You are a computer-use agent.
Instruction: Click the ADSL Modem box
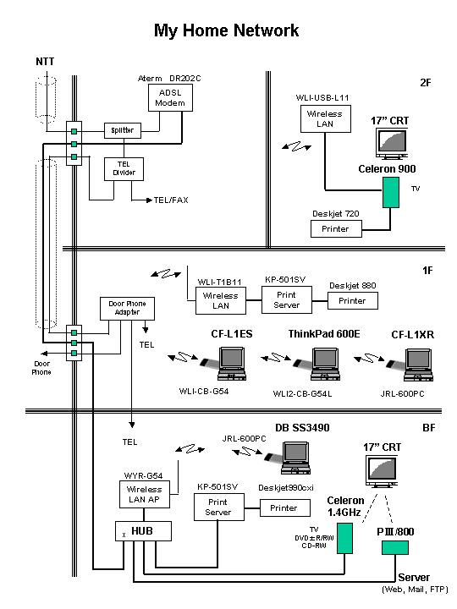click(x=170, y=98)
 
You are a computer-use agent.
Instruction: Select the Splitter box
click(x=123, y=130)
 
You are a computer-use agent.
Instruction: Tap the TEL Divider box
click(x=124, y=169)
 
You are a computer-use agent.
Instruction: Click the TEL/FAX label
click(x=171, y=200)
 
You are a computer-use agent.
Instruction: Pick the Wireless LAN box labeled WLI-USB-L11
click(x=326, y=119)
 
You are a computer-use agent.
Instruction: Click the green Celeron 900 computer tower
click(x=391, y=192)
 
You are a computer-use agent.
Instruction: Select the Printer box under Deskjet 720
click(x=336, y=228)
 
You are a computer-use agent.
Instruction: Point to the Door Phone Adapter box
click(x=127, y=309)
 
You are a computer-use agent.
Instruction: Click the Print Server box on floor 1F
click(x=287, y=299)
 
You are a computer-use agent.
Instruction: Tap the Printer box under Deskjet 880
click(x=352, y=300)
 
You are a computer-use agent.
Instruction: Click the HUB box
click(x=143, y=531)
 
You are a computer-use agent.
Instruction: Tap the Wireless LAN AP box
click(x=145, y=495)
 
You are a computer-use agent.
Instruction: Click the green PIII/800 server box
click(x=395, y=547)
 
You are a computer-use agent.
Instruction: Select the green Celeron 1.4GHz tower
click(x=344, y=538)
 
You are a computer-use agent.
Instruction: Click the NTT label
click(x=45, y=62)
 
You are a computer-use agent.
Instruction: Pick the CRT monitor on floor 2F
click(x=392, y=144)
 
